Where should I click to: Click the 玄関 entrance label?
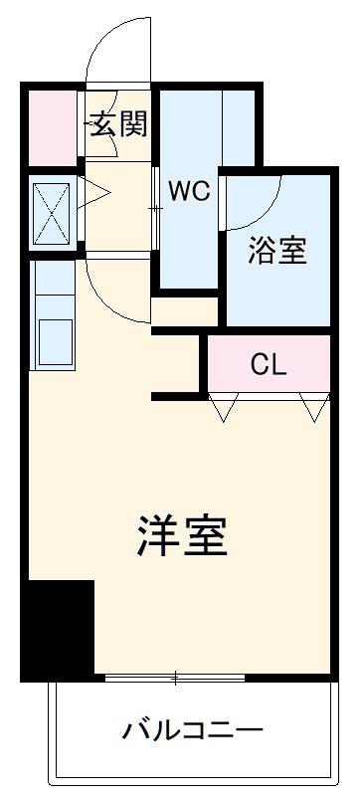coord(119,124)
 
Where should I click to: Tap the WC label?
coord(188,191)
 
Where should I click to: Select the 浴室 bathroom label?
coord(276,251)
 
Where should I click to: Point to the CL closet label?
coord(268,364)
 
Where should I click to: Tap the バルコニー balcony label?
coord(193,732)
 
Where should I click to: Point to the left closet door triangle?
coord(223,405)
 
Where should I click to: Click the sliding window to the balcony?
coord(176,679)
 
